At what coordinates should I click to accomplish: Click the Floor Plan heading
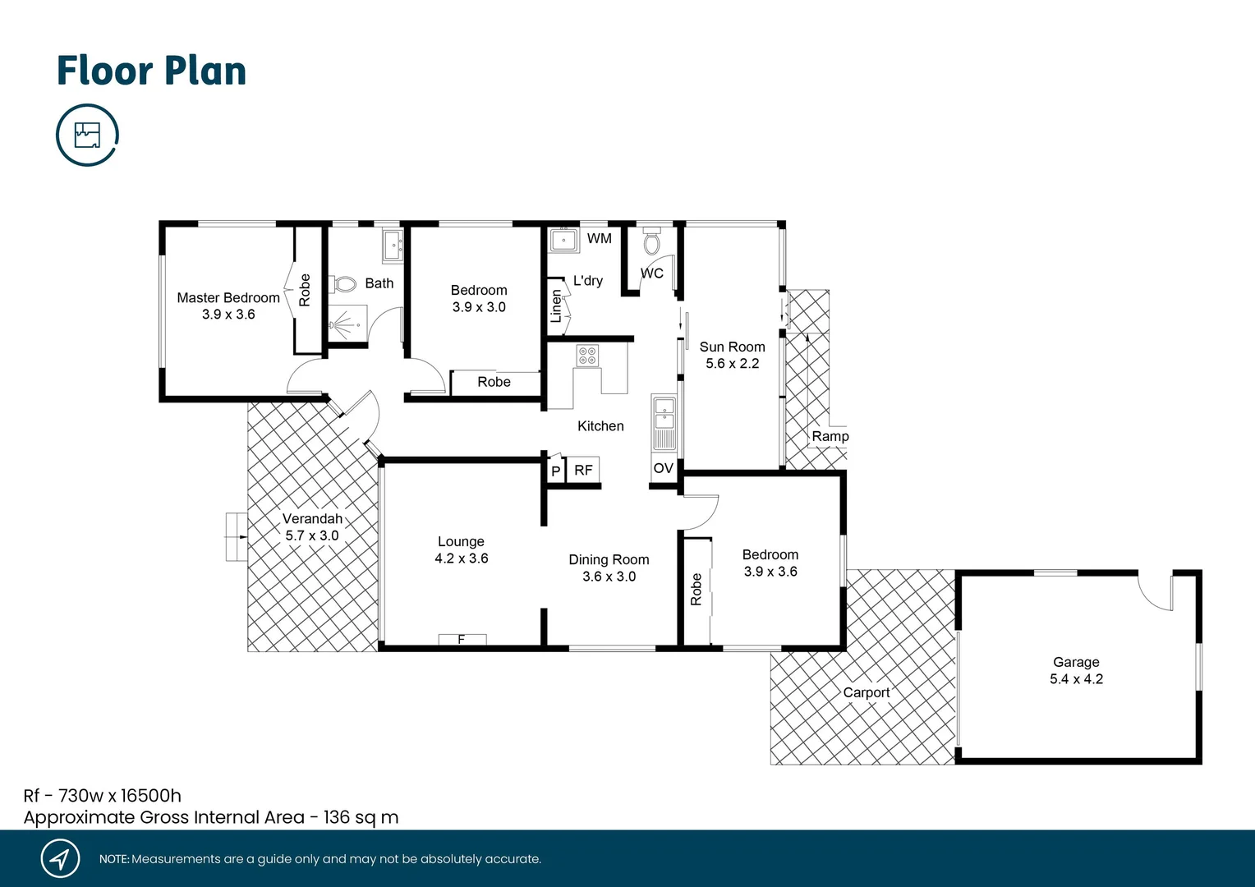pos(151,71)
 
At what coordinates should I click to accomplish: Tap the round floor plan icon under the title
pos(87,135)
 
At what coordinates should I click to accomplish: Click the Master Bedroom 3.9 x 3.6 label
pos(228,306)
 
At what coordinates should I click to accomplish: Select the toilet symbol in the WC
pos(651,242)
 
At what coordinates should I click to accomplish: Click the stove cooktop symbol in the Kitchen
pos(587,356)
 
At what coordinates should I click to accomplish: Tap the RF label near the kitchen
pos(583,470)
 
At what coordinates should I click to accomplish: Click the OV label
pos(663,468)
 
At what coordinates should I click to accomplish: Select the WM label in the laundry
pos(599,238)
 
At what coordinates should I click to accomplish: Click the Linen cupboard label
pos(557,306)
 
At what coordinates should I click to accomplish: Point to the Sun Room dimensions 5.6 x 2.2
pos(732,363)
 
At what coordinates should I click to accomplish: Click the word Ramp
pos(830,436)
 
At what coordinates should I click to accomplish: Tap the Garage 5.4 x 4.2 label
pos(1076,670)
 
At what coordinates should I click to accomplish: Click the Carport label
pos(866,692)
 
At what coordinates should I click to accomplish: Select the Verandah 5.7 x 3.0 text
pos(312,526)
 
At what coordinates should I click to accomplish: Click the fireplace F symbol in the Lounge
pos(462,639)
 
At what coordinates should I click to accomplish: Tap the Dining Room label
pos(609,559)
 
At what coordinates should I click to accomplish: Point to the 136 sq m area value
pos(361,817)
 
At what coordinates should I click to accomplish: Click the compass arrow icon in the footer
pos(60,859)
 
